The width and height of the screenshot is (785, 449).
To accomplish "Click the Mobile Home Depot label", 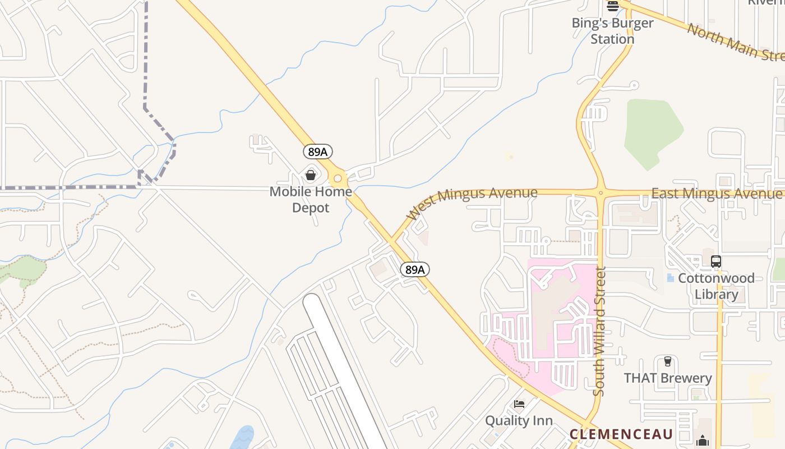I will [311, 200].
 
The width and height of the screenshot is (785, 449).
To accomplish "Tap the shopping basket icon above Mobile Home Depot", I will [311, 175].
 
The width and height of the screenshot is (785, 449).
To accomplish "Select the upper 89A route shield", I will [318, 152].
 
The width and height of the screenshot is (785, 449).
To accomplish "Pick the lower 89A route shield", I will [415, 269].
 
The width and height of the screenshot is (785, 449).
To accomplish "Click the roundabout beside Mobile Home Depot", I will [338, 179].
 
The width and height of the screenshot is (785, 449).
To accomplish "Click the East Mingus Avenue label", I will [716, 194].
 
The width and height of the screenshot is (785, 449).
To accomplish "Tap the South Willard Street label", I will [599, 331].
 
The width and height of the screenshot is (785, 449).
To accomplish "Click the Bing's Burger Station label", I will [612, 31].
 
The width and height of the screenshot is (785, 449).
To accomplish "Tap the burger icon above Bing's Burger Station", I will [613, 6].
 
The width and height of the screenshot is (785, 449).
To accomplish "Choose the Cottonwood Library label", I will [716, 286].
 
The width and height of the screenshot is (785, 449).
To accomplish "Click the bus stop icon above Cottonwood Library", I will [716, 262].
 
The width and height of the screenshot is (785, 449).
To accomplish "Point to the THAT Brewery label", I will [668, 378].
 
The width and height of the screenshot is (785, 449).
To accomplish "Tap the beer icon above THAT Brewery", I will [667, 361].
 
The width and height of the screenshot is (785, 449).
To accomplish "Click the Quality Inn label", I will [519, 421].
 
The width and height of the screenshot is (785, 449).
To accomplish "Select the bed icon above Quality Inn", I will [519, 404].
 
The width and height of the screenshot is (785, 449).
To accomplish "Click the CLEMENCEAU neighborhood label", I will [621, 434].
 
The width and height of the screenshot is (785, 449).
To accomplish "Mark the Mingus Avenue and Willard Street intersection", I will [601, 193].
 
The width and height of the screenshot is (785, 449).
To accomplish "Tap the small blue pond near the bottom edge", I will [242, 438].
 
